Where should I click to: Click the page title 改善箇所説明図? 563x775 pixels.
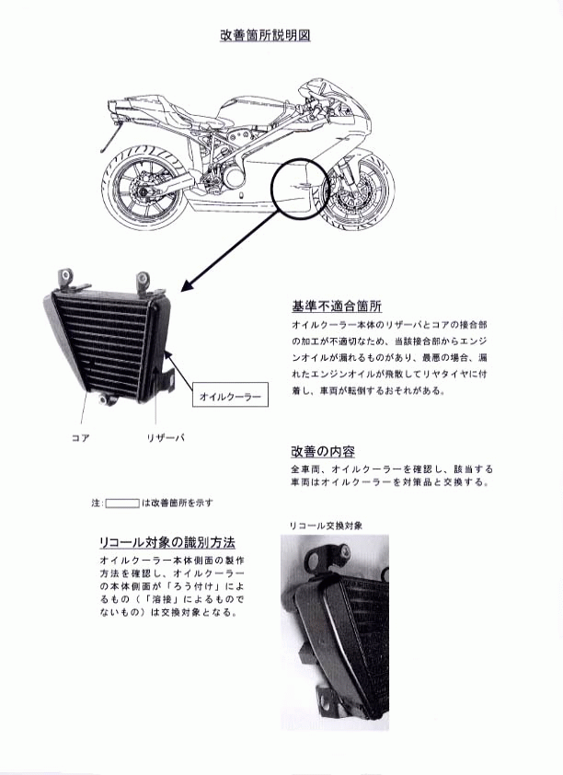point(265,36)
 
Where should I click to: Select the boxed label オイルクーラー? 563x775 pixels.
point(230,395)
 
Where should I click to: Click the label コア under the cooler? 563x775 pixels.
point(81,437)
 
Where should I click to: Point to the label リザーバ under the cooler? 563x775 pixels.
point(166,437)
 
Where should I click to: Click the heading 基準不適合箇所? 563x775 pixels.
point(337,307)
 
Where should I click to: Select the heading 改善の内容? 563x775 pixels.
point(323,451)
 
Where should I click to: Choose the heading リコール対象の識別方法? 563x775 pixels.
point(167,542)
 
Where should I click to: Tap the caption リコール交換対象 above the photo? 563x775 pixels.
point(326,526)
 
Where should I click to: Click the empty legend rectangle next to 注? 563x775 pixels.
point(122,503)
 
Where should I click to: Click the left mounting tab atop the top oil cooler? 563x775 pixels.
point(69,280)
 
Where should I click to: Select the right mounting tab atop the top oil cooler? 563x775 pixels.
point(145,283)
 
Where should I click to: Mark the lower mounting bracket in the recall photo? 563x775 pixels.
point(327,700)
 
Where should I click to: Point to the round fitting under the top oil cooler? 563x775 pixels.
point(104,399)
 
